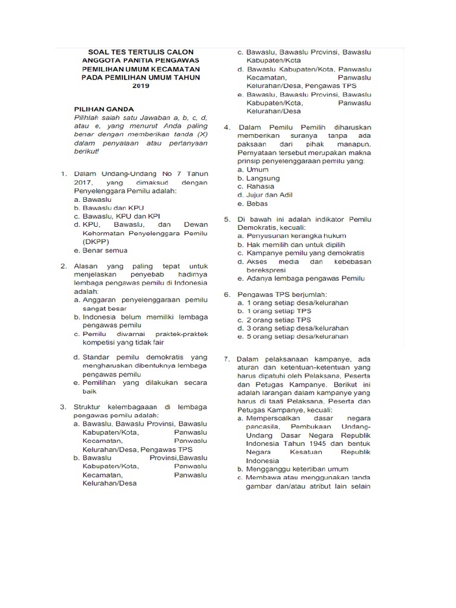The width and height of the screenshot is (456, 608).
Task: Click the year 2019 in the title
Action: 141,85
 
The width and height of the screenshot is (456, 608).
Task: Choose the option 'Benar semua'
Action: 105,251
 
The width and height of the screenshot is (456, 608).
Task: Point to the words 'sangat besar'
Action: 104,309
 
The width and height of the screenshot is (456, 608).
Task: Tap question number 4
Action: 227,127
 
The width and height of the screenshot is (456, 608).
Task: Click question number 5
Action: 227,219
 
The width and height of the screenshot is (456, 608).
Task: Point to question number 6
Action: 227,294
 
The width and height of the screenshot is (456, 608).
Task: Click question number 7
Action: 227,359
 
